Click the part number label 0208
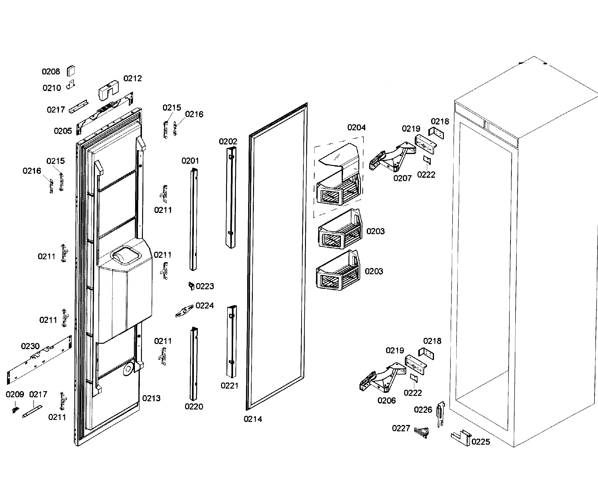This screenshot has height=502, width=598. click(x=51, y=71)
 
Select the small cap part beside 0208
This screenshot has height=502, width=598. click(x=71, y=71)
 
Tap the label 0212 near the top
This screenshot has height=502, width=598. click(x=133, y=78)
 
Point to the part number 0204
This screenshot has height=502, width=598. click(x=356, y=127)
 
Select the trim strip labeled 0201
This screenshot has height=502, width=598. click(x=194, y=219)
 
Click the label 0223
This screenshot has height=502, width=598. click(x=205, y=286)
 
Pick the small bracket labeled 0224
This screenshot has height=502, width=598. click(x=184, y=311)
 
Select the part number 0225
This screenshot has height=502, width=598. click(x=481, y=442)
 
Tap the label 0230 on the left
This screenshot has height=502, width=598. click(x=30, y=346)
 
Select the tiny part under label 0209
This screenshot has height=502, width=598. click(x=15, y=409)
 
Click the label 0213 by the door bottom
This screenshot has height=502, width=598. click(x=151, y=398)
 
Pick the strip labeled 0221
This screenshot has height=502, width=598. click(x=231, y=341)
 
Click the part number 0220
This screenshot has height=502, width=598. click(x=194, y=407)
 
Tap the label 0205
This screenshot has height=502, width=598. click(x=63, y=131)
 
